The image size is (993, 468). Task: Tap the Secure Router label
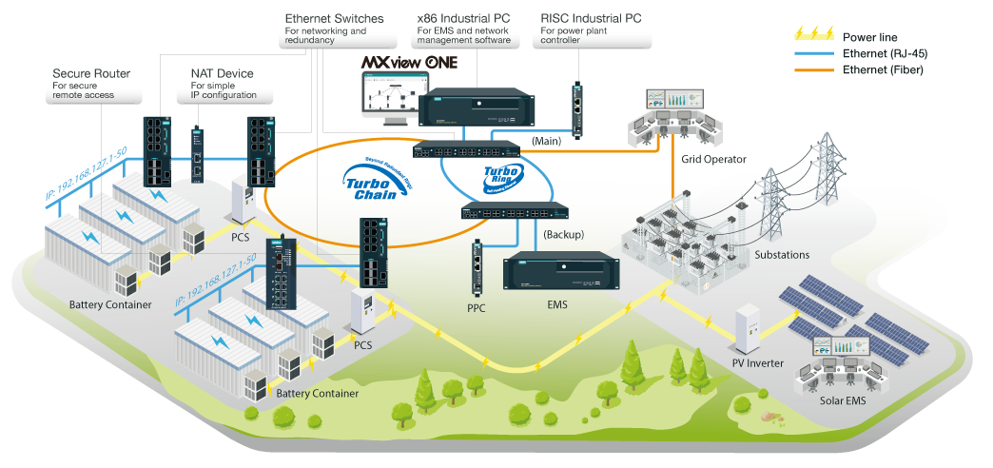(x=91, y=73)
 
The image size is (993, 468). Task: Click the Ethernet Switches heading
(x=333, y=19)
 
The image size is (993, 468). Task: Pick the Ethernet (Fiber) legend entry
(x=880, y=69)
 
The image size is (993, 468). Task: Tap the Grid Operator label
(x=714, y=159)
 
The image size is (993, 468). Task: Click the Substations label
(x=782, y=255)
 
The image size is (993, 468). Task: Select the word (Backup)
(x=563, y=233)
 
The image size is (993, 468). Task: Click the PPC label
(x=477, y=308)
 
